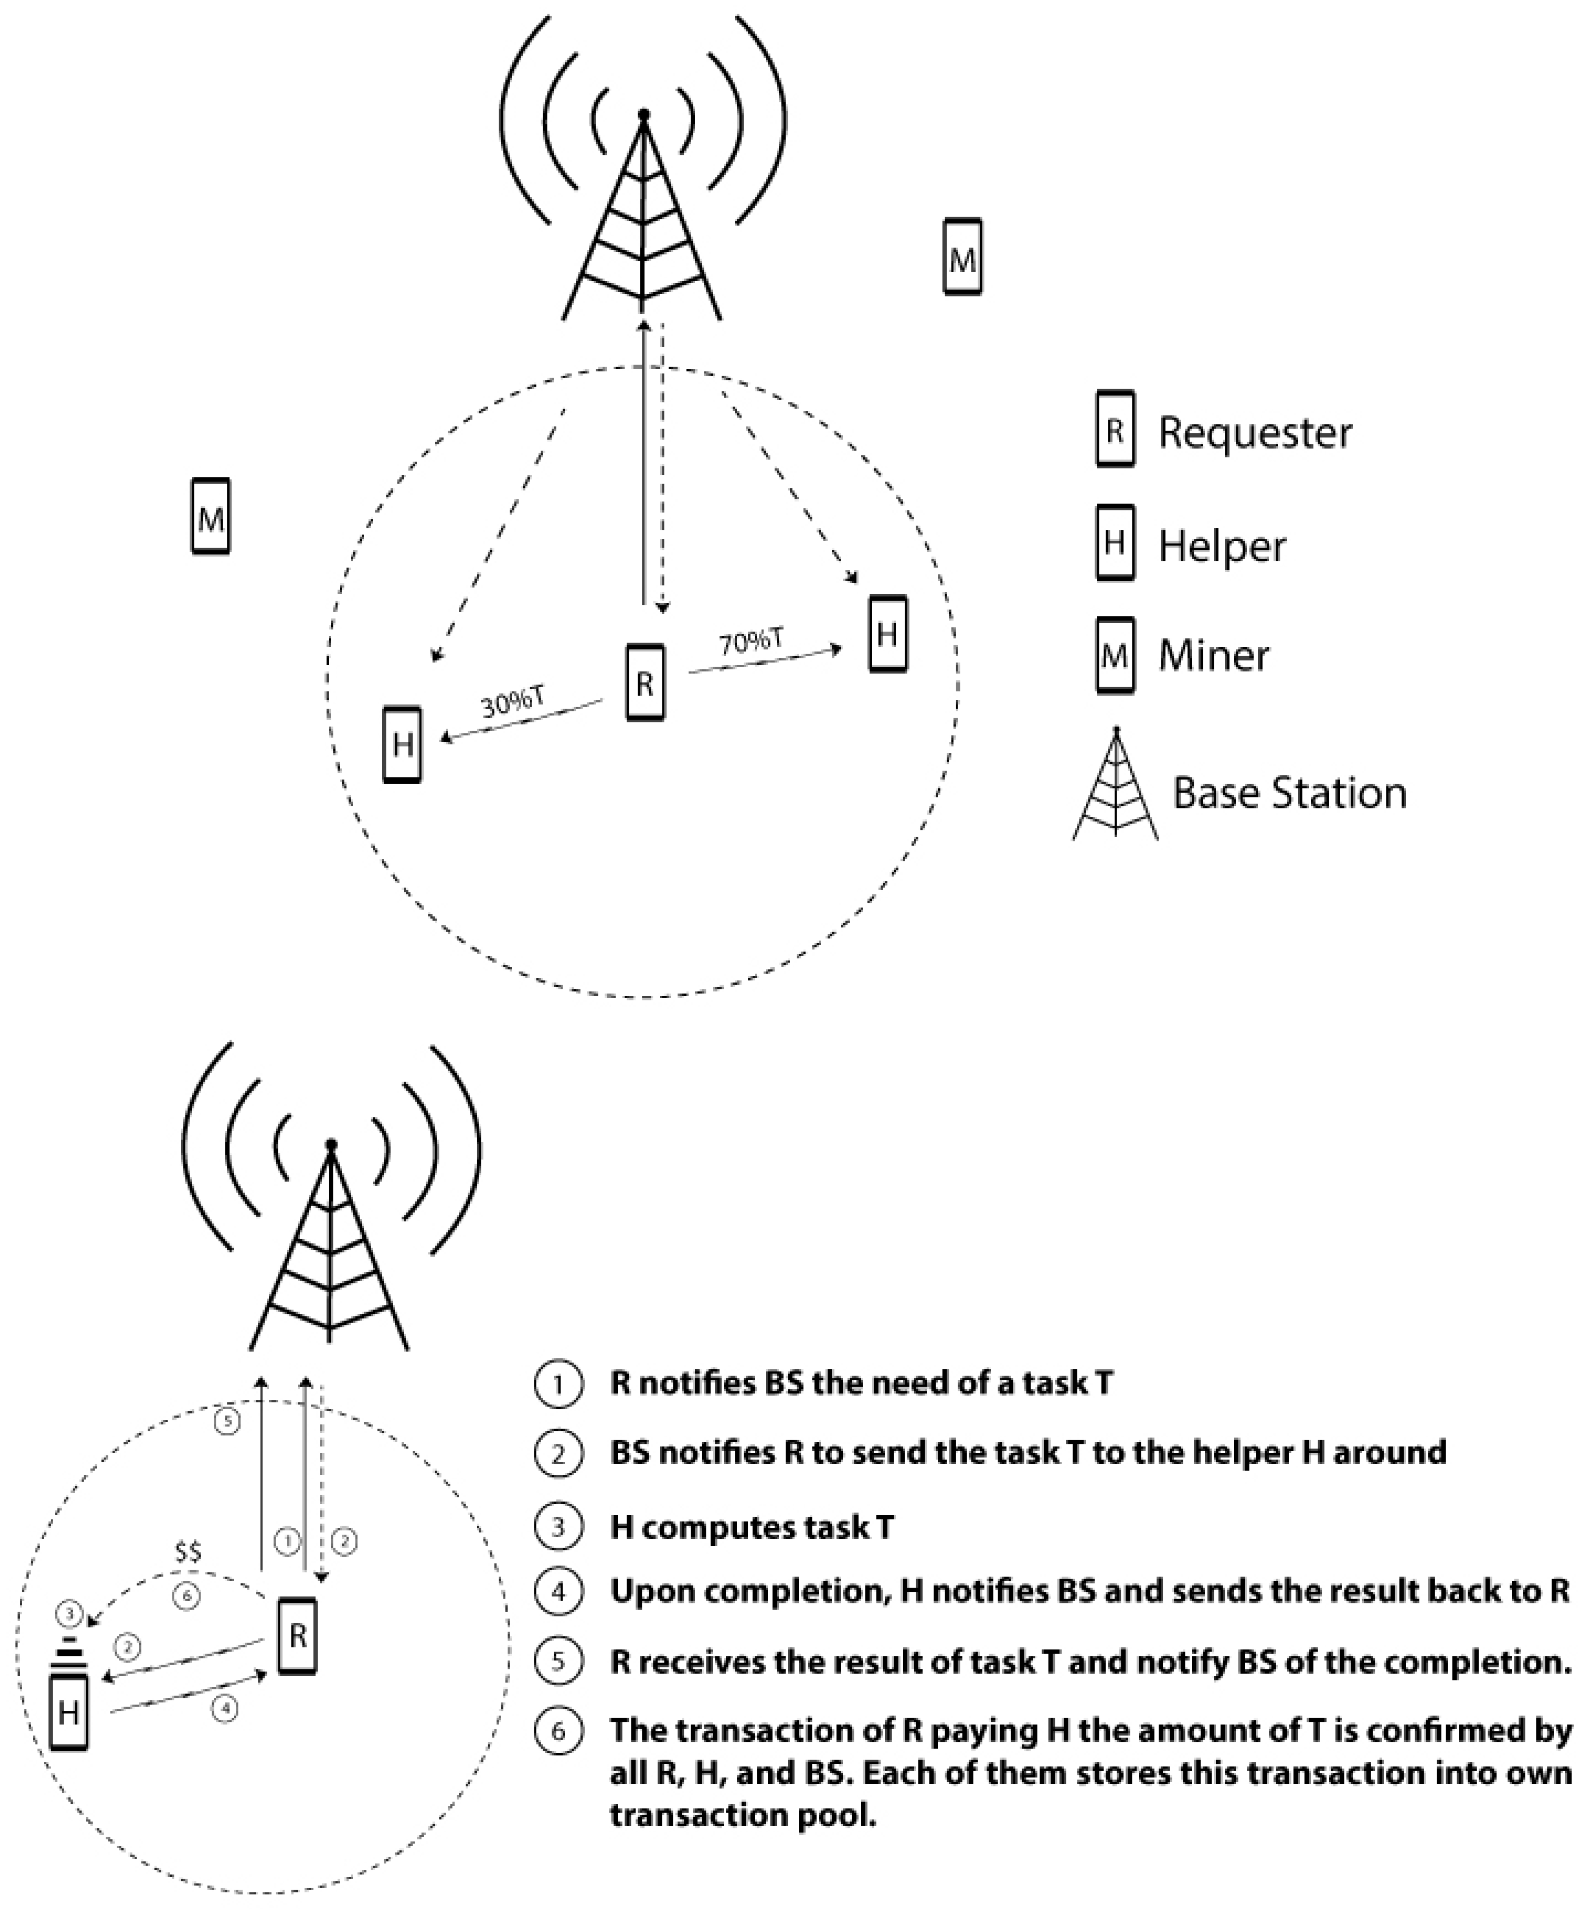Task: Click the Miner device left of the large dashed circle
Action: click(x=210, y=516)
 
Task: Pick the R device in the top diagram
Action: click(x=645, y=683)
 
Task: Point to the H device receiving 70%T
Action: click(x=887, y=633)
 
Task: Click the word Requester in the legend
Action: click(x=1254, y=433)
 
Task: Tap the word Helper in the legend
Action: click(x=1221, y=545)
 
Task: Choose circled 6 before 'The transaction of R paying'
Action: click(x=558, y=1730)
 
